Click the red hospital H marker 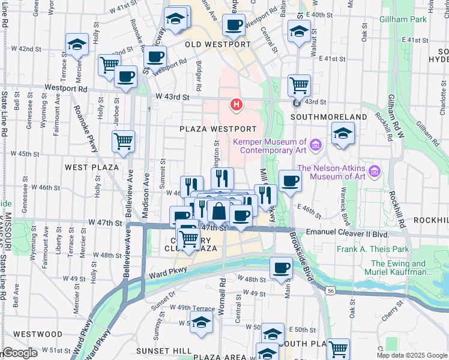[237, 106]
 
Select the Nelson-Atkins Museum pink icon [375, 172]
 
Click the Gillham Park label [403, 19]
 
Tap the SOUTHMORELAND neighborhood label [337, 116]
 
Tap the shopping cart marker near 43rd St [299, 85]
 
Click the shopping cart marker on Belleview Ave [123, 142]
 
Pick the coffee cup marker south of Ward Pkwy [281, 268]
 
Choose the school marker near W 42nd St [77, 45]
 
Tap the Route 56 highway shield [331, 290]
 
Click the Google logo [20, 353]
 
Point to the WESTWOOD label [37, 334]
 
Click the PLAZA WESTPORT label [218, 129]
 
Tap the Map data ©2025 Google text [412, 355]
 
